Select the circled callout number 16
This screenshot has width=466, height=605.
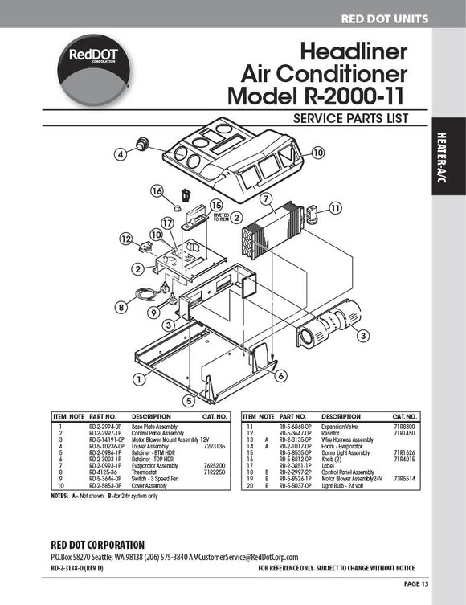157,190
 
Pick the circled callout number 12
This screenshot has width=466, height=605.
126,239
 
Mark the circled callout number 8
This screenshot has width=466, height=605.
121,306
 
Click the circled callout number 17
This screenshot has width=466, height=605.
167,223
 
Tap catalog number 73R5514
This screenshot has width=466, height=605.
403,479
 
